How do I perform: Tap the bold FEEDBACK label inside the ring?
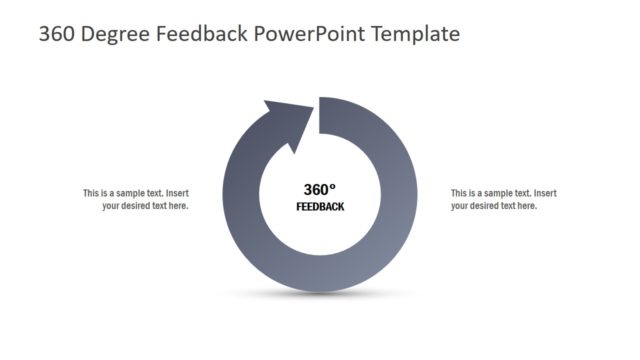320,207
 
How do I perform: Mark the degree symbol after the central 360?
333,186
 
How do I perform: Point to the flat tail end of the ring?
320,115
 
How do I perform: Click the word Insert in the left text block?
176,193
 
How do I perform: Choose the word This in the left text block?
91,193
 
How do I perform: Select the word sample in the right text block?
495,193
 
